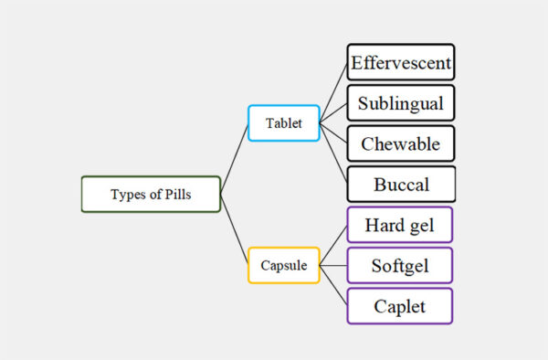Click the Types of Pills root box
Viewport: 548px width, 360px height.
[151, 194]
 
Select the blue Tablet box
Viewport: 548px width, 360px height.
[283, 122]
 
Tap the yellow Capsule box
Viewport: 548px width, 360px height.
[283, 265]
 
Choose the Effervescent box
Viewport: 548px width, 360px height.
[400, 62]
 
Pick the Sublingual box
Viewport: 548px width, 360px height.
[400, 103]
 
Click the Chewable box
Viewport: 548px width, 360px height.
[400, 143]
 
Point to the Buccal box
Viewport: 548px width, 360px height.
[400, 185]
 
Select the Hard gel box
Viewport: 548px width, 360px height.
[400, 225]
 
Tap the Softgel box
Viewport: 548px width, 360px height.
[400, 265]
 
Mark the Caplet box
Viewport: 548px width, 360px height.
[400, 306]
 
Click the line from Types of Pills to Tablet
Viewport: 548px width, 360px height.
[234, 158]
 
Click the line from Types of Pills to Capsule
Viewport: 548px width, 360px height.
[234, 229]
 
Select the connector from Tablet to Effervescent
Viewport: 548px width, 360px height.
[333, 91]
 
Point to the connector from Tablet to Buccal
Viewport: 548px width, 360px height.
[333, 154]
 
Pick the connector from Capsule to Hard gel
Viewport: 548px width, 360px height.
[333, 245]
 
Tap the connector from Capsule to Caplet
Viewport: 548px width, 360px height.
[333, 286]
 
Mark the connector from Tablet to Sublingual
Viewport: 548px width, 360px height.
[333, 113]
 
